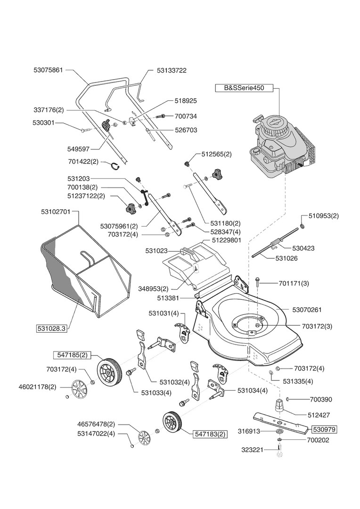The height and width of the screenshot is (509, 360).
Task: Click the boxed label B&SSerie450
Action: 244,88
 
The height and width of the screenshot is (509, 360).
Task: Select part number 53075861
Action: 48,70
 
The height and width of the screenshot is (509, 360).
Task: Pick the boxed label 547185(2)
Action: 70,353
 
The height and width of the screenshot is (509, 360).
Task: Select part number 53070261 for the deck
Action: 307,310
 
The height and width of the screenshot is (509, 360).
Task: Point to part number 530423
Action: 303,247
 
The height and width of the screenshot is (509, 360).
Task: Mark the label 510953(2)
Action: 323,216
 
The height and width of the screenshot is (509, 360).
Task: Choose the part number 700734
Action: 186,115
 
